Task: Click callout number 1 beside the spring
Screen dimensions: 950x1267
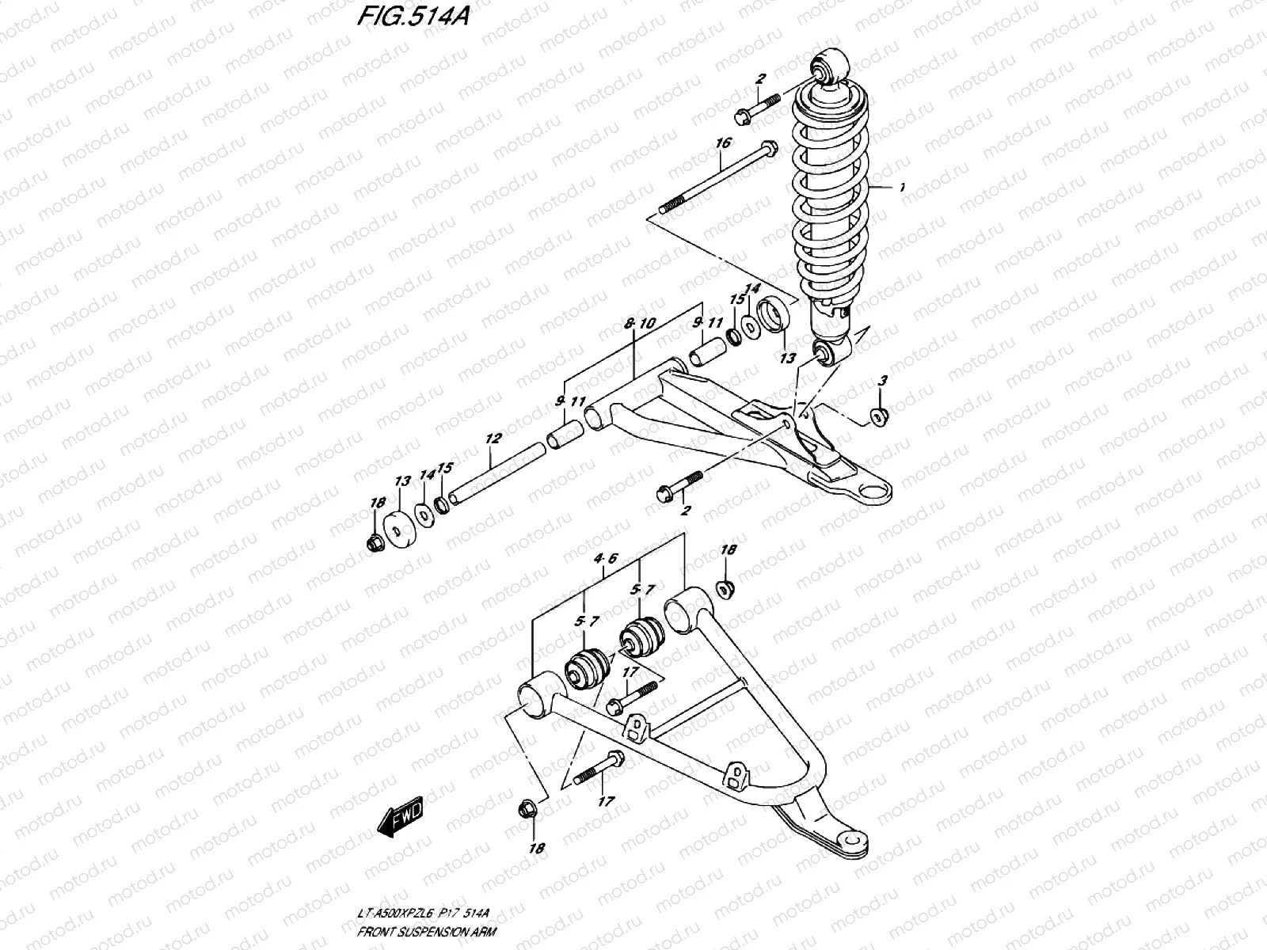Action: point(900,188)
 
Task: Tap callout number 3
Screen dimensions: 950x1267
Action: point(883,381)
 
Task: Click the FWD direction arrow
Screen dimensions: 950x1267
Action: point(401,815)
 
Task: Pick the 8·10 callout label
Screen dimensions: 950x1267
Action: point(639,323)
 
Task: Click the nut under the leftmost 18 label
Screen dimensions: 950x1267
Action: point(376,543)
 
